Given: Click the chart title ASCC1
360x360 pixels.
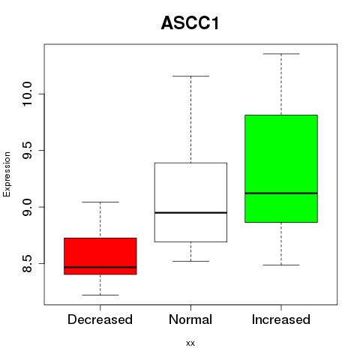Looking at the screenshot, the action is [x=190, y=23].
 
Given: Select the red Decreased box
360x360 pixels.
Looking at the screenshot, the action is [x=100, y=256].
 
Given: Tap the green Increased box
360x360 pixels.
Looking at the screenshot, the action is [x=281, y=169].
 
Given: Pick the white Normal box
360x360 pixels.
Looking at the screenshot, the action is [x=190, y=202].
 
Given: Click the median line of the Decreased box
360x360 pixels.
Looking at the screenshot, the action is [x=100, y=267].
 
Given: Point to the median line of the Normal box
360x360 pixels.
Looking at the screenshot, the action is [x=190, y=213].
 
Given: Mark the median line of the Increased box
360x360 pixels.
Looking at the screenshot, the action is [x=281, y=193].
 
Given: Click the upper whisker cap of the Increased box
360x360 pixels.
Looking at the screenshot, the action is [x=281, y=54].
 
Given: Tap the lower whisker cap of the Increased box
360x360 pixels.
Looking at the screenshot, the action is [x=281, y=265].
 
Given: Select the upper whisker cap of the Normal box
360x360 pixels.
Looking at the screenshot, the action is [x=190, y=76].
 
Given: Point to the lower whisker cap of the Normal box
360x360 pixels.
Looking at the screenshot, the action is [x=190, y=262].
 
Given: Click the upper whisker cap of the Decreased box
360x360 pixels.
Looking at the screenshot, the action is [x=100, y=202].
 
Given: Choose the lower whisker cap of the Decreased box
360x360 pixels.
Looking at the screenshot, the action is [x=100, y=295].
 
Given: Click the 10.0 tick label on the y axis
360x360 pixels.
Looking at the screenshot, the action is [x=27, y=94].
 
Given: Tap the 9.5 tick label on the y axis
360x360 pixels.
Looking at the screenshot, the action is [x=27, y=150].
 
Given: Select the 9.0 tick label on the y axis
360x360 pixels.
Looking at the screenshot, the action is [x=27, y=207].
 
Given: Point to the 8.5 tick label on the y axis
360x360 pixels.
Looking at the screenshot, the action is [x=27, y=263].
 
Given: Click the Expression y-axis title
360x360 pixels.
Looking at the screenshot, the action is [x=7, y=174].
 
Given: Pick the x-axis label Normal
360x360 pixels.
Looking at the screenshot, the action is [x=190, y=319].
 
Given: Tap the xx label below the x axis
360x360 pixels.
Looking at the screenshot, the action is [x=190, y=343].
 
